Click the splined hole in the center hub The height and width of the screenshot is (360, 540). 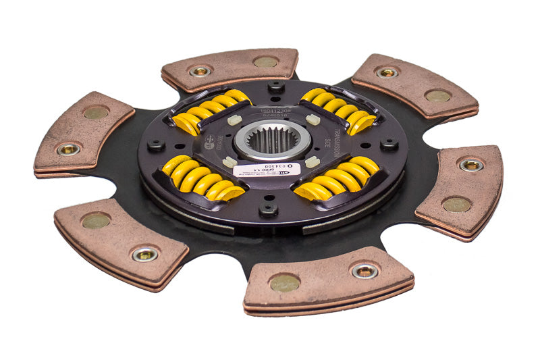[x=273, y=140]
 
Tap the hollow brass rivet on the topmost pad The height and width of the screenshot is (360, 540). [x=200, y=70]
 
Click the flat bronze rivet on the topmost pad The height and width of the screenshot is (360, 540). [x=265, y=61]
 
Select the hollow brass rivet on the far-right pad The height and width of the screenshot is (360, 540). [x=470, y=164]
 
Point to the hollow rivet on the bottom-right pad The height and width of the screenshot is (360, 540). [x=364, y=271]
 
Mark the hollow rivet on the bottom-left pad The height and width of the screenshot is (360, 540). [x=144, y=254]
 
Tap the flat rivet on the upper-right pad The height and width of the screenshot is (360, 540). [x=437, y=96]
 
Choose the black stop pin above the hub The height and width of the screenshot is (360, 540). [x=275, y=87]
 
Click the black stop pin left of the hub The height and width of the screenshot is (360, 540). [x=156, y=145]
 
